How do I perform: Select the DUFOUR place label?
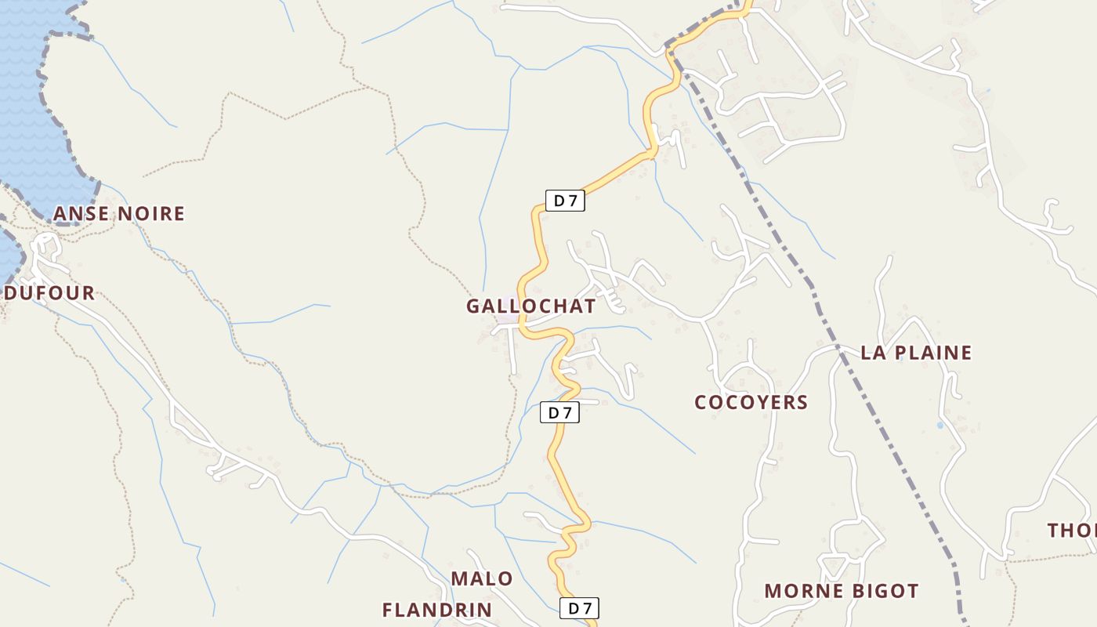coord(50,294)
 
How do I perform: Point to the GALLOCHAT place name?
coord(530,306)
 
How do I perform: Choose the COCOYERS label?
coord(751,403)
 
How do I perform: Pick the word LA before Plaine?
coord(873,353)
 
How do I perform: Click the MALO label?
coord(482,579)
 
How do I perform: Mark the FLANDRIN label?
coord(437,610)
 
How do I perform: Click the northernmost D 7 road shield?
coord(565,201)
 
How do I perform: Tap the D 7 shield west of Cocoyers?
coord(559,412)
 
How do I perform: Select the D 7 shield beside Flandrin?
coord(580,607)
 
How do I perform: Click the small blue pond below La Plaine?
coord(940,426)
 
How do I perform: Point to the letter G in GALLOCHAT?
coord(473,306)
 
